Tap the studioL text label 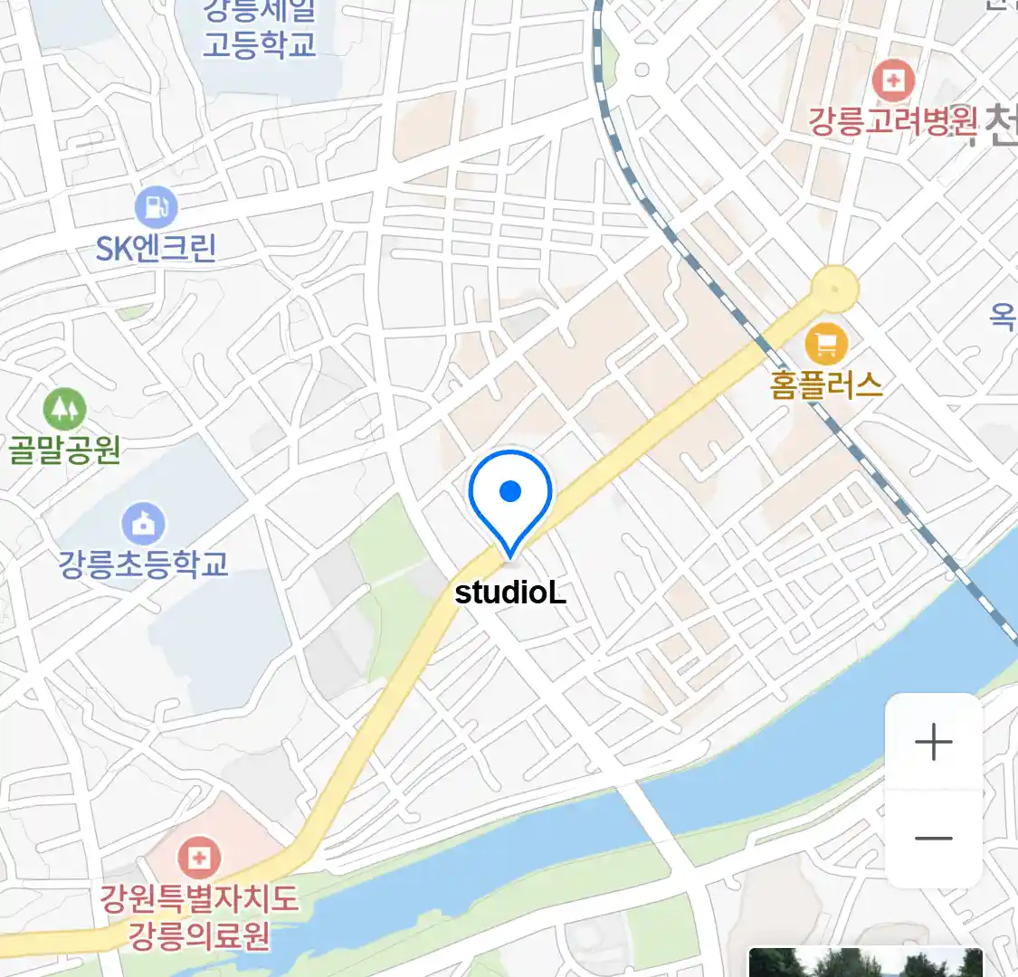pyautogui.click(x=510, y=593)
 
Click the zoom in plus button pyautogui.click(x=933, y=743)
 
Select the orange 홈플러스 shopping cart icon pyautogui.click(x=825, y=345)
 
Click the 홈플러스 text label pyautogui.click(x=826, y=385)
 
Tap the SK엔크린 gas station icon pyautogui.click(x=156, y=207)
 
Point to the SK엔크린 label pyautogui.click(x=156, y=248)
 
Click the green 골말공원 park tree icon pyautogui.click(x=64, y=409)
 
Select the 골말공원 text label pyautogui.click(x=64, y=449)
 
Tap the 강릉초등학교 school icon pyautogui.click(x=143, y=524)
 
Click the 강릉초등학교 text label pyautogui.click(x=143, y=564)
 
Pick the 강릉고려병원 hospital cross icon pyautogui.click(x=893, y=81)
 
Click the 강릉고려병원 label pyautogui.click(x=893, y=120)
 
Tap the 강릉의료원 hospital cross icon pyautogui.click(x=198, y=856)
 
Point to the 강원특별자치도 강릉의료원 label pyautogui.click(x=199, y=915)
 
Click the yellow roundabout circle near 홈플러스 pyautogui.click(x=833, y=289)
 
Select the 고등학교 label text pyautogui.click(x=259, y=43)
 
